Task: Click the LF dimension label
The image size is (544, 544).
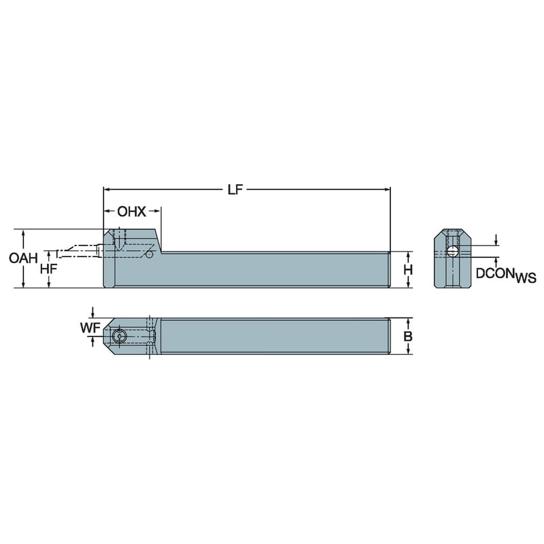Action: click(x=235, y=190)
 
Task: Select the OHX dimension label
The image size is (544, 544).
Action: click(x=131, y=211)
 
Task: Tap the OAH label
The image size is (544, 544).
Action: click(x=23, y=258)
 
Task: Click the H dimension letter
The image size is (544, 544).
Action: click(x=409, y=269)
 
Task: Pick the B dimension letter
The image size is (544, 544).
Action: click(x=408, y=336)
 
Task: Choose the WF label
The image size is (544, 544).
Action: click(x=90, y=328)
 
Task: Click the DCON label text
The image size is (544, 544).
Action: click(x=495, y=273)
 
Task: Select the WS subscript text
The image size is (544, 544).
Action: click(x=525, y=278)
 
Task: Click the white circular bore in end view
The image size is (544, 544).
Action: click(x=452, y=251)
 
